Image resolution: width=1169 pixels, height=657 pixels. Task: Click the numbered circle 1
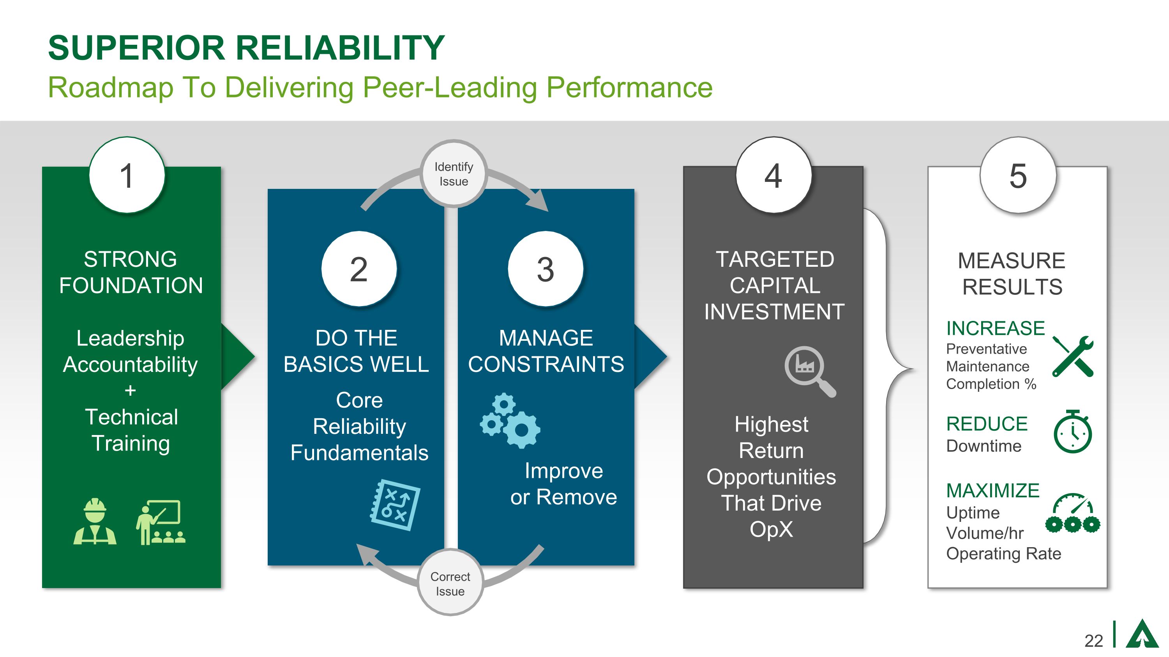click(x=127, y=175)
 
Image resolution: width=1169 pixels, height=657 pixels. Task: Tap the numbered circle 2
click(x=358, y=269)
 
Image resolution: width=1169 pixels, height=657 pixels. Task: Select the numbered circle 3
click(x=545, y=269)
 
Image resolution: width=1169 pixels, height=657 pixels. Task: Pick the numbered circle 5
click(x=1018, y=175)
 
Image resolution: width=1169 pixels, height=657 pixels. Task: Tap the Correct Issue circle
click(x=450, y=583)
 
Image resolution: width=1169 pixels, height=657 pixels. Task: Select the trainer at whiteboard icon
click(x=161, y=522)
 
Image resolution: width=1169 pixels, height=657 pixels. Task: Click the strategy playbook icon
click(x=395, y=505)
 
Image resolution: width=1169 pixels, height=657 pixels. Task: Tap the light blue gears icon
click(x=510, y=421)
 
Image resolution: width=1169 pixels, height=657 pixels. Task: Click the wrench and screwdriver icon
click(x=1073, y=356)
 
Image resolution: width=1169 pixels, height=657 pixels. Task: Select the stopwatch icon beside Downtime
click(x=1072, y=431)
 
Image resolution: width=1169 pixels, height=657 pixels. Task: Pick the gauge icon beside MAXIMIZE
click(x=1073, y=513)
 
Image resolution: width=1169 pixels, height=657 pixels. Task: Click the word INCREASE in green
click(x=995, y=328)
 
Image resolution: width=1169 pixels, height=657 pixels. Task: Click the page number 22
click(x=1094, y=640)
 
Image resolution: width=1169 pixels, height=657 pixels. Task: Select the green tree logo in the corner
click(x=1142, y=634)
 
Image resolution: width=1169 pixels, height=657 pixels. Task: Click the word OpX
click(x=771, y=529)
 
